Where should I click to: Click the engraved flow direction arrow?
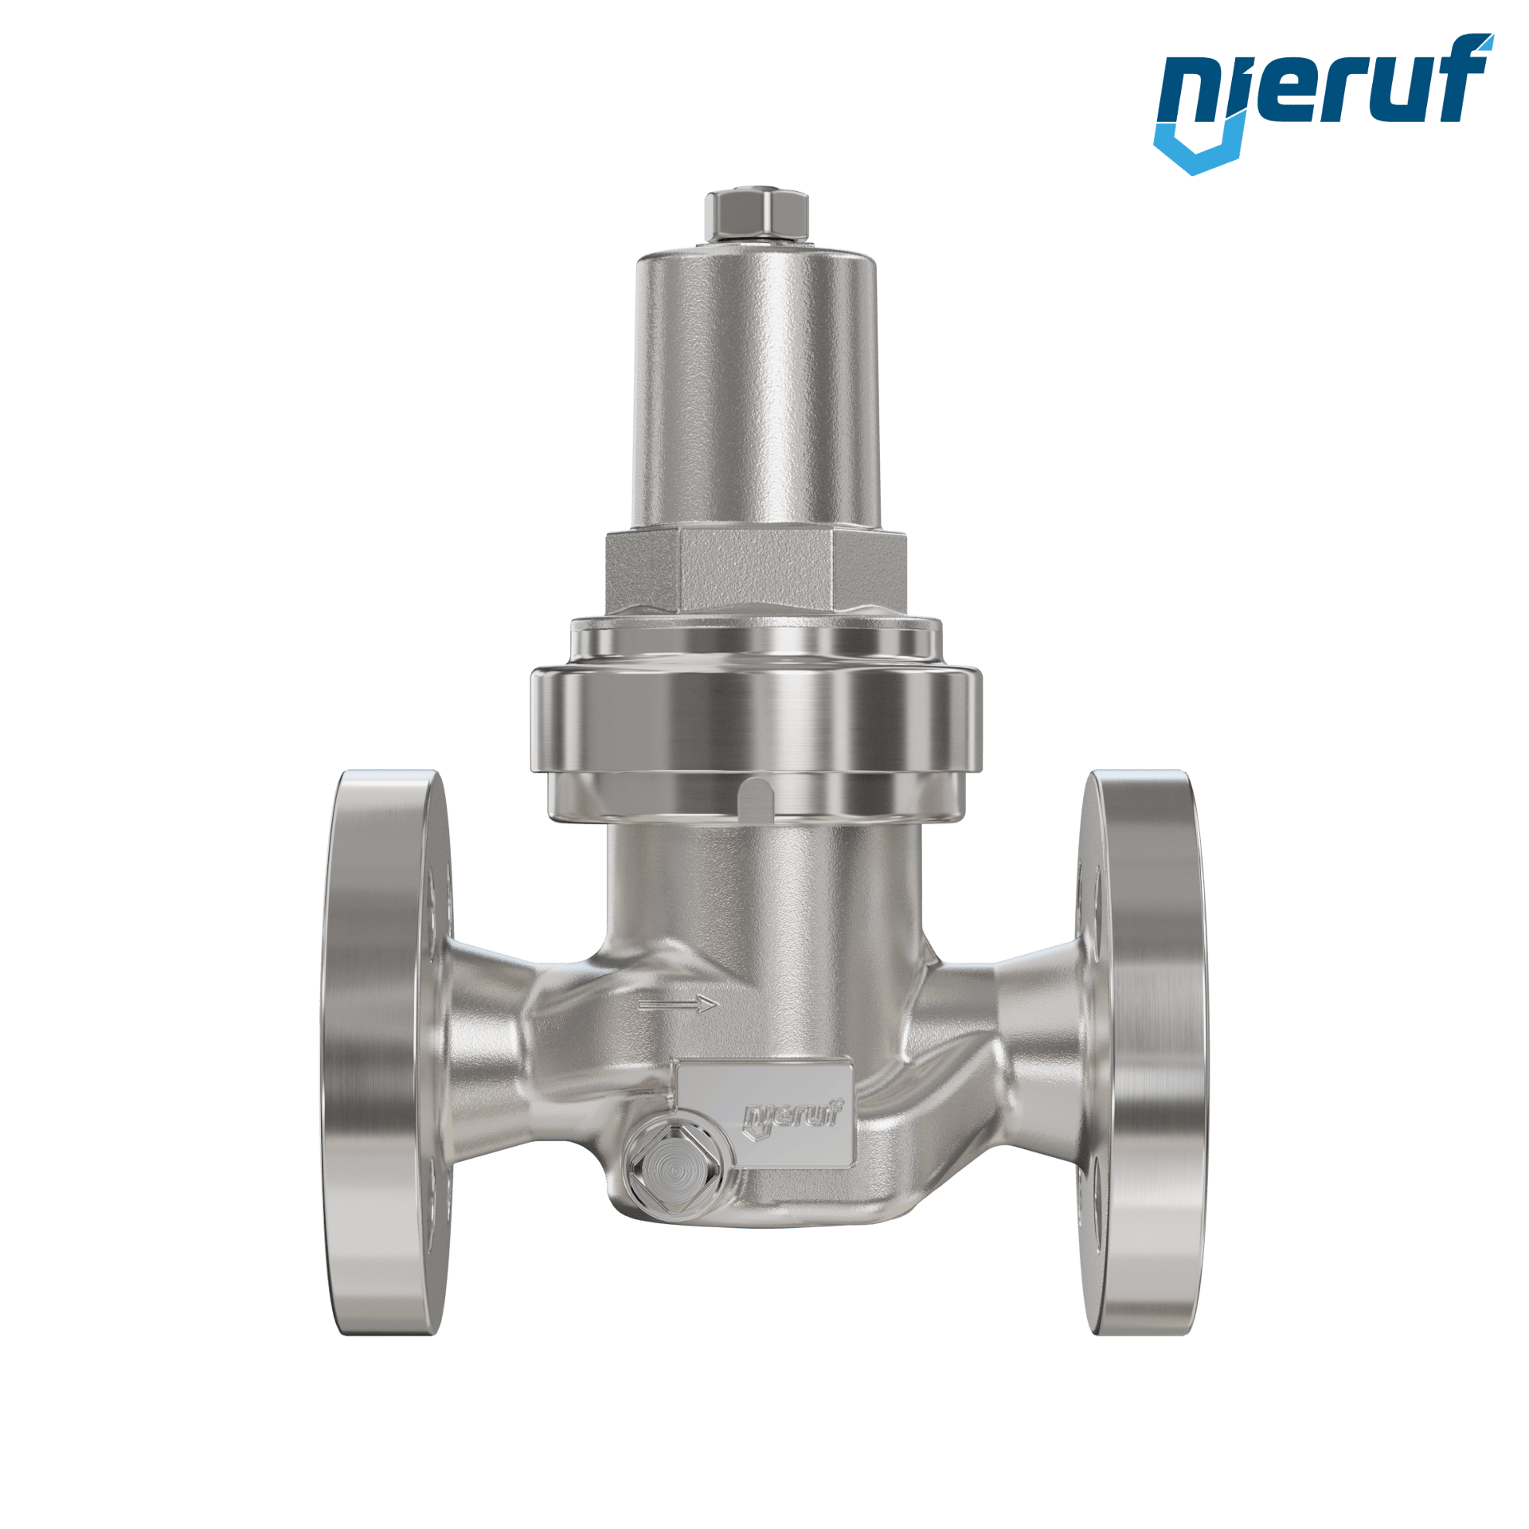pos(678,1004)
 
